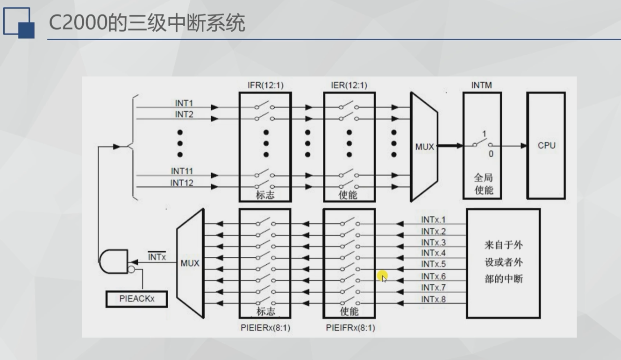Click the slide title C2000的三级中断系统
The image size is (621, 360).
pyautogui.click(x=147, y=22)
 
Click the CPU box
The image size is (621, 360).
pyautogui.click(x=546, y=145)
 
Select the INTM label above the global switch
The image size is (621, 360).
pyautogui.click(x=482, y=85)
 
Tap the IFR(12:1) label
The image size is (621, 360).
pyautogui.click(x=265, y=85)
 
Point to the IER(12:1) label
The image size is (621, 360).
pyautogui.click(x=350, y=85)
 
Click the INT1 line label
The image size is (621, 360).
pyautogui.click(x=184, y=103)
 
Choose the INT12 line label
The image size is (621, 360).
pyautogui.click(x=182, y=183)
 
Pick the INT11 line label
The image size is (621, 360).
pyautogui.click(x=182, y=171)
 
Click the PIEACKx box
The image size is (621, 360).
pyautogui.click(x=136, y=299)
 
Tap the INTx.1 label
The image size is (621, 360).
pyautogui.click(x=433, y=219)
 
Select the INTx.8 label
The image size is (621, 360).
pyautogui.click(x=433, y=299)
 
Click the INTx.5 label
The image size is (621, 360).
pyautogui.click(x=433, y=265)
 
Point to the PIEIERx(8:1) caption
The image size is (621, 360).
pyautogui.click(x=265, y=328)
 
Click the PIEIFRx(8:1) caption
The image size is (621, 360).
pyautogui.click(x=350, y=328)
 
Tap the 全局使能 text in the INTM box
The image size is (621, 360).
pyautogui.click(x=483, y=184)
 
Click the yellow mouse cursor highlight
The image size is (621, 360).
pyautogui.click(x=383, y=276)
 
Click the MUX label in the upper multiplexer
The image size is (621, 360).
pyautogui.click(x=424, y=147)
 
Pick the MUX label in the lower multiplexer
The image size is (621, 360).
pyautogui.click(x=190, y=263)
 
